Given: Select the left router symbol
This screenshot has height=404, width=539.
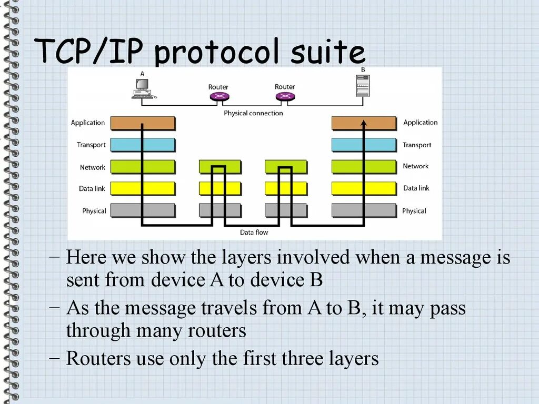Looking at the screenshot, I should (218, 96).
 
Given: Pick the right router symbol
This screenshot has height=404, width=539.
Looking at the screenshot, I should (285, 96).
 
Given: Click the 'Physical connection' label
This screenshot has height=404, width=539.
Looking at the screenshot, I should (253, 113).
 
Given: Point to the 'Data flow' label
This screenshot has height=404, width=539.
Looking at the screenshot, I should (254, 232).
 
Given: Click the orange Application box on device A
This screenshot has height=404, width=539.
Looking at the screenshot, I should (142, 123).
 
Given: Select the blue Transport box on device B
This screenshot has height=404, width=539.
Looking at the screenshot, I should (364, 145).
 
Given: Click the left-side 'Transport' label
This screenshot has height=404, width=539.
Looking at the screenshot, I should (91, 145).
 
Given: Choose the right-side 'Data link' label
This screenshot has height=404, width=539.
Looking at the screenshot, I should (416, 188).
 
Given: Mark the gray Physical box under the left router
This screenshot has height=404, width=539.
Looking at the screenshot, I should (220, 210).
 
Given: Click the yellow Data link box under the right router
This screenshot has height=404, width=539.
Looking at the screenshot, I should (285, 188).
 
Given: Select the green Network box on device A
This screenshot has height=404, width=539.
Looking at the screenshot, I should (142, 167).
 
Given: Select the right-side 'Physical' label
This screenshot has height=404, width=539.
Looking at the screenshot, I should (414, 211).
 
